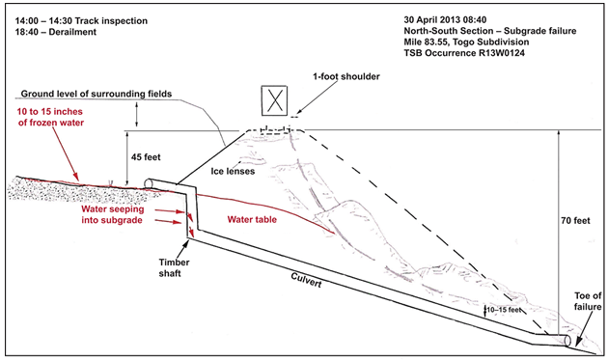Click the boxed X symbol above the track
(274, 100)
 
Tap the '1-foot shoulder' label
(346, 76)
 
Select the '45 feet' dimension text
(146, 157)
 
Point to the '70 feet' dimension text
(575, 221)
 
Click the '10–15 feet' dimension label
(504, 310)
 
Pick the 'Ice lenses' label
(233, 171)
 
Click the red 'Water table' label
(252, 219)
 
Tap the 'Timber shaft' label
(174, 267)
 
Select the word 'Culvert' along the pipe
(306, 280)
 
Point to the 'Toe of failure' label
(588, 301)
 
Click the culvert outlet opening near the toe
(567, 341)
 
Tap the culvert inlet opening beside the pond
(148, 182)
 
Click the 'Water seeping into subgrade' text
(112, 214)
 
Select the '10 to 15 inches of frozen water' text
(50, 117)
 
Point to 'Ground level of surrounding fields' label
(97, 94)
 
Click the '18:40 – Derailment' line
(56, 32)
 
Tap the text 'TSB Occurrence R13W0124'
(464, 53)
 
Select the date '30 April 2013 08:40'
(445, 19)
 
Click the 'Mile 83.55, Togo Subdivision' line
(466, 42)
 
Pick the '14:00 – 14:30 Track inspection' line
(81, 21)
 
